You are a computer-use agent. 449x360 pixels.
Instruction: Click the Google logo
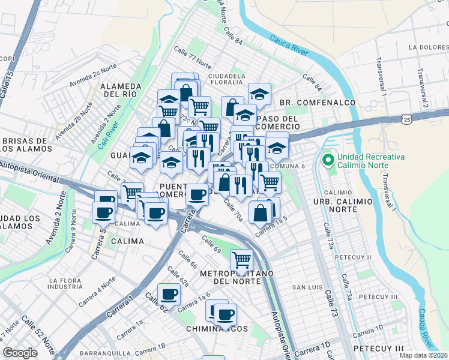pyautogui.click(x=20, y=353)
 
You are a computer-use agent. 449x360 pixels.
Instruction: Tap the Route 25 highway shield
pyautogui.click(x=408, y=120)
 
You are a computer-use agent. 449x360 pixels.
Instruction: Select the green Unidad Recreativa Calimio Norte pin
pyautogui.click(x=328, y=160)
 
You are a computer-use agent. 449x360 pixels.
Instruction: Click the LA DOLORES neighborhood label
pyautogui.click(x=429, y=47)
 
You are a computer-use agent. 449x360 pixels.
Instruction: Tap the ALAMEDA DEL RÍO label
pyautogui.click(x=121, y=90)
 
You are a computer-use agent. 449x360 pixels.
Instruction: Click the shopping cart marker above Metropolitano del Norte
pyautogui.click(x=241, y=259)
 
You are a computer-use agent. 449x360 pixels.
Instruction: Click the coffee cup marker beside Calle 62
pyautogui.click(x=169, y=294)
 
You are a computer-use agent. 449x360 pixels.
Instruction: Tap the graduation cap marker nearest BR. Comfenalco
pyautogui.click(x=259, y=93)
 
